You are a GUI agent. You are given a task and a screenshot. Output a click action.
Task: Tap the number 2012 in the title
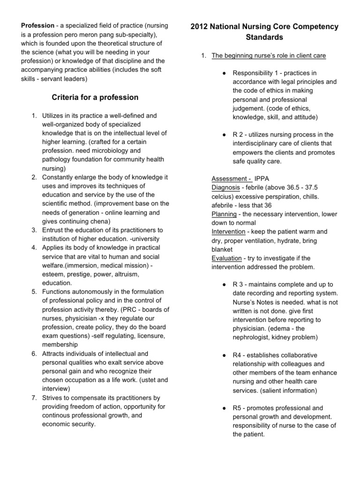click(200, 27)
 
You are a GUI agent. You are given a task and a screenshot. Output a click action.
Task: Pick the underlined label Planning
click(225, 214)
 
